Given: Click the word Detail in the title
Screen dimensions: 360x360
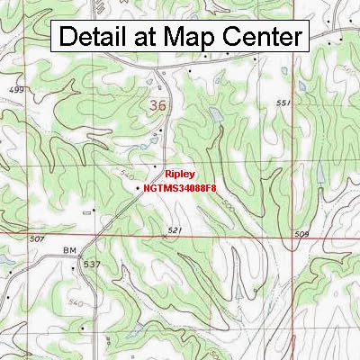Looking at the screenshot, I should pos(93,38).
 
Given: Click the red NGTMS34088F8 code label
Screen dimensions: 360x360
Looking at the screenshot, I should pos(179,189).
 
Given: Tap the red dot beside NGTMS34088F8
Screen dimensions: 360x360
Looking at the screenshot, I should pos(139,189).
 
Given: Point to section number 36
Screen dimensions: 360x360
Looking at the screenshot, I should pos(157,106).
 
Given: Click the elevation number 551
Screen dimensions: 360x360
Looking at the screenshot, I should pos(284,103).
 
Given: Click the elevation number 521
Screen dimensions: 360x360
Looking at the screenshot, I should pos(175,231).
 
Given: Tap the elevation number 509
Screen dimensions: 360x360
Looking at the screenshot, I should pos(301,234).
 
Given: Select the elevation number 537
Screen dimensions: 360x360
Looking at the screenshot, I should pos(90,264).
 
